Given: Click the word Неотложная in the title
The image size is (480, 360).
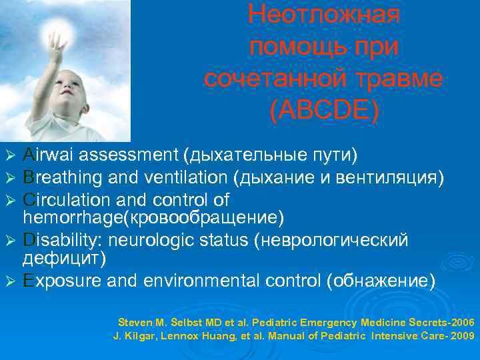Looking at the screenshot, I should click(323, 15).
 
